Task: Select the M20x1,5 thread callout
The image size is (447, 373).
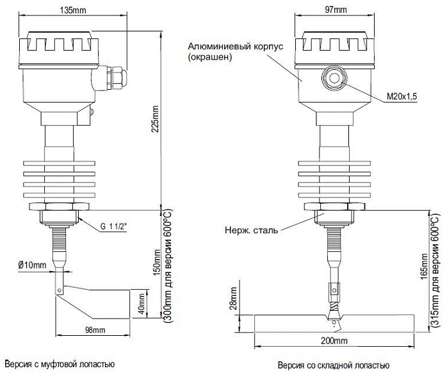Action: click(402, 97)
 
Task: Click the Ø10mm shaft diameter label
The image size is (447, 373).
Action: click(32, 265)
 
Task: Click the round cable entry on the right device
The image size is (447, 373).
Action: click(334, 78)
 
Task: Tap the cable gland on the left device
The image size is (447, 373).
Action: click(113, 77)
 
